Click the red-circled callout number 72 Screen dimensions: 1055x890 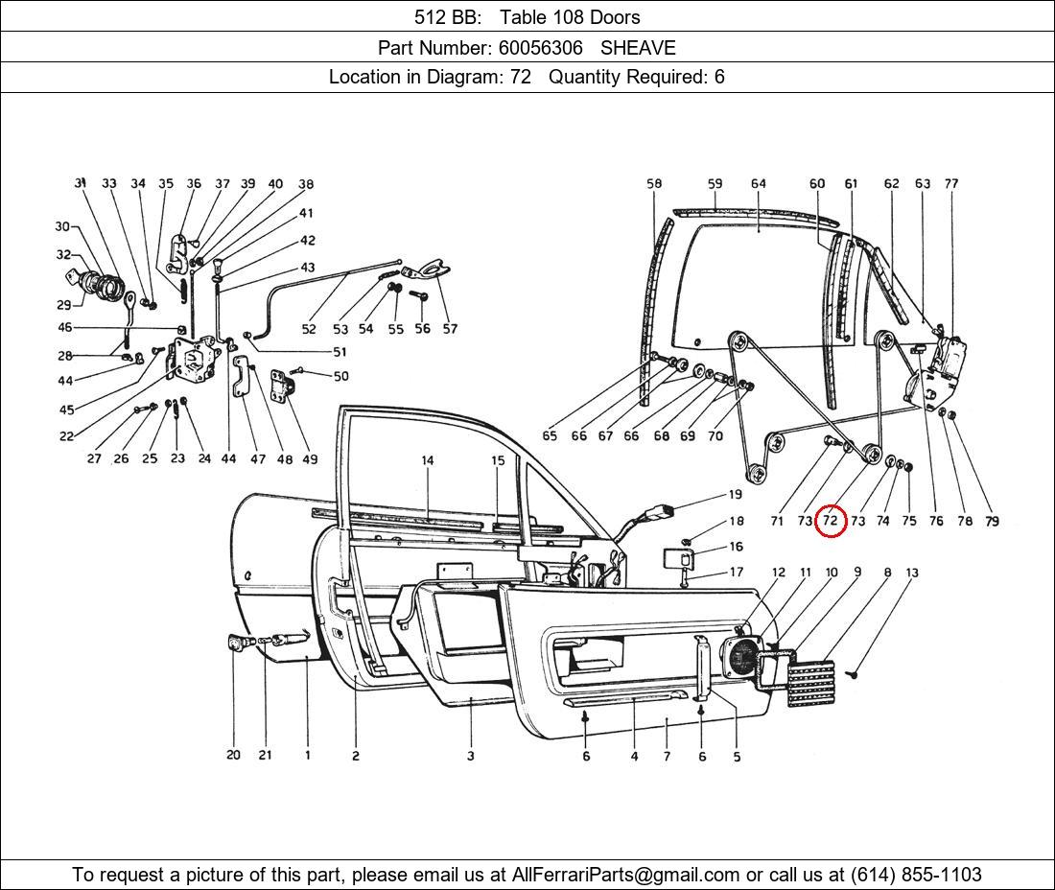coord(831,521)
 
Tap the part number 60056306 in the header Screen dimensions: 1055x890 coord(540,48)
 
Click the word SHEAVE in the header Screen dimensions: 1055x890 coord(638,48)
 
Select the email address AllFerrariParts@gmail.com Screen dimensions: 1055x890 coord(625,875)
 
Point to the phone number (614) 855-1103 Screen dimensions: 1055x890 coord(916,875)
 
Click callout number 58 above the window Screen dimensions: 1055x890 coord(654,183)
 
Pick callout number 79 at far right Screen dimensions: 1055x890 coord(992,521)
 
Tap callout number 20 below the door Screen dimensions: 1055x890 coord(233,755)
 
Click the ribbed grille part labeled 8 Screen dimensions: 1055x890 coord(811,684)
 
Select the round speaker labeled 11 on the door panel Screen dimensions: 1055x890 coord(740,657)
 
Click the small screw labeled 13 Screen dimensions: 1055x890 coord(854,672)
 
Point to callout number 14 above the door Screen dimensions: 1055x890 coord(427,460)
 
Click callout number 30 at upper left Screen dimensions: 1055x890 coord(62,226)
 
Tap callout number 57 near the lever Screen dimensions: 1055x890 coord(450,328)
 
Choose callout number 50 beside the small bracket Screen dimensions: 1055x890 coord(341,376)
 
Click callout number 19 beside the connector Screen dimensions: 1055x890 coord(736,495)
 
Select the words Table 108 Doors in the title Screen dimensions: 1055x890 coord(570,17)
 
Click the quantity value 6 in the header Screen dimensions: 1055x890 coord(719,77)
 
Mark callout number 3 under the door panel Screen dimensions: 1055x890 coord(470,756)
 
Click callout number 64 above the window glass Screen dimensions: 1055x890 coord(759,183)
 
